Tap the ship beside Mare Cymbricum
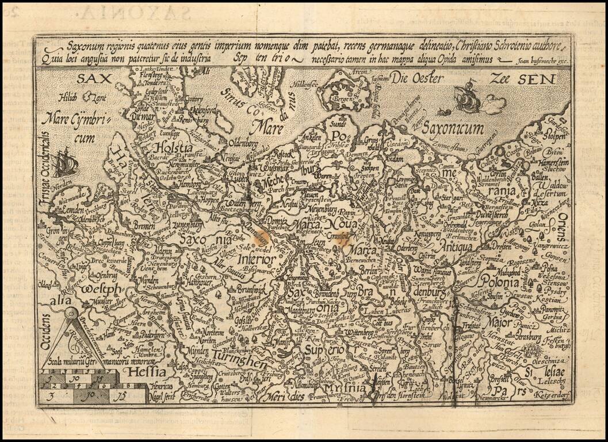click(x=64, y=162)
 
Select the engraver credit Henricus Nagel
click(x=155, y=385)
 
